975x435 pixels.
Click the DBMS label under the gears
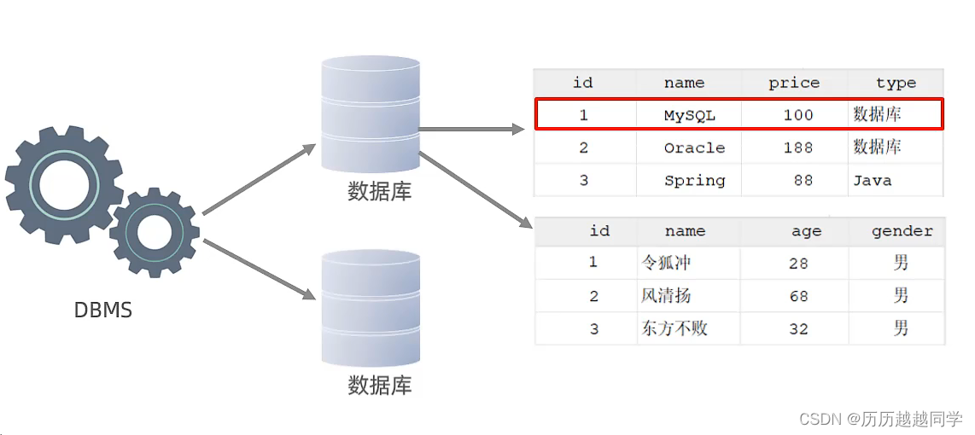pyautogui.click(x=103, y=310)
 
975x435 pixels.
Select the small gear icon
pyautogui.click(x=155, y=232)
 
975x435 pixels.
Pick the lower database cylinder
pyautogui.click(x=371, y=308)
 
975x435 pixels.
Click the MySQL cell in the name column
pyautogui.click(x=690, y=115)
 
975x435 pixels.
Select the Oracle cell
pyautogui.click(x=694, y=148)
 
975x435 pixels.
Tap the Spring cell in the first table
pyautogui.click(x=694, y=181)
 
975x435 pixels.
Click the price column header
pyautogui.click(x=794, y=83)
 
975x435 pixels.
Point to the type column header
pyautogui.click(x=896, y=83)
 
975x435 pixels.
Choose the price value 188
pyautogui.click(x=798, y=148)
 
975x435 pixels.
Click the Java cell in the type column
pyautogui.click(x=872, y=181)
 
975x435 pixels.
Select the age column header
pyautogui.click(x=806, y=231)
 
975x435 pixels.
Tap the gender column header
pyautogui.click(x=902, y=231)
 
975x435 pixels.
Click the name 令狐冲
pyautogui.click(x=666, y=263)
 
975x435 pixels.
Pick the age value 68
pyautogui.click(x=798, y=296)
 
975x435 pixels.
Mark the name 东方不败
pyautogui.click(x=674, y=328)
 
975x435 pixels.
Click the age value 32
pyautogui.click(x=798, y=328)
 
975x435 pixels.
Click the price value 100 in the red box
pyautogui.click(x=798, y=115)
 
